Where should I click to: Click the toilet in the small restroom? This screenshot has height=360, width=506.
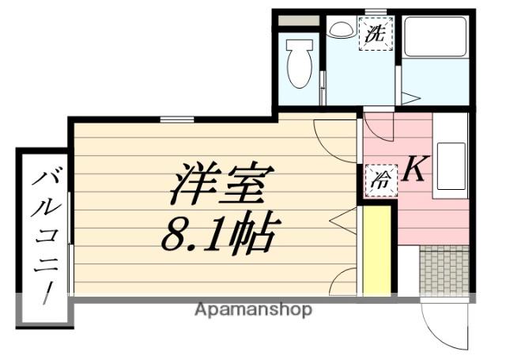click(x=299, y=63)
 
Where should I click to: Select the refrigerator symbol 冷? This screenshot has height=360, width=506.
click(x=378, y=179)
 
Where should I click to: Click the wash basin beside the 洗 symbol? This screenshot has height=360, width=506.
click(x=342, y=29)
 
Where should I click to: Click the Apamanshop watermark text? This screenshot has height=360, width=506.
click(x=253, y=309)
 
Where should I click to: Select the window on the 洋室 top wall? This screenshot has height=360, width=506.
click(x=176, y=120)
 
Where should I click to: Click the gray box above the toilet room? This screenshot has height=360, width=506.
click(x=299, y=20)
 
